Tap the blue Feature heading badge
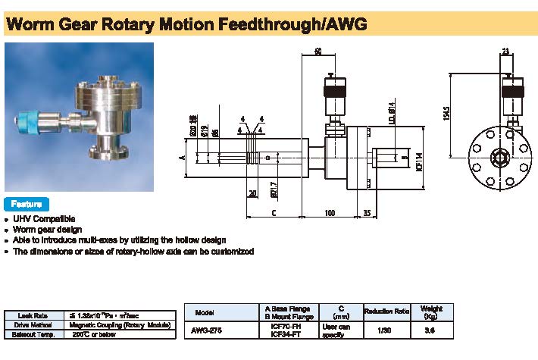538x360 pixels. [x=27, y=204]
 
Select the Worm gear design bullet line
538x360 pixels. [x=47, y=229]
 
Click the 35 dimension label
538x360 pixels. [x=367, y=213]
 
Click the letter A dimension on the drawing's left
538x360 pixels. [x=182, y=158]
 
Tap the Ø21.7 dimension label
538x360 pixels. [x=272, y=186]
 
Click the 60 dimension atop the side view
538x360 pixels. [x=317, y=52]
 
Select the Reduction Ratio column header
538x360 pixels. [x=386, y=312]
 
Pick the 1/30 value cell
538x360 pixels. [x=386, y=330]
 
